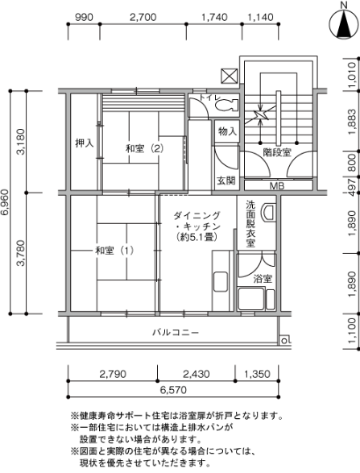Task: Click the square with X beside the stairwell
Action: [x=230, y=77]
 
